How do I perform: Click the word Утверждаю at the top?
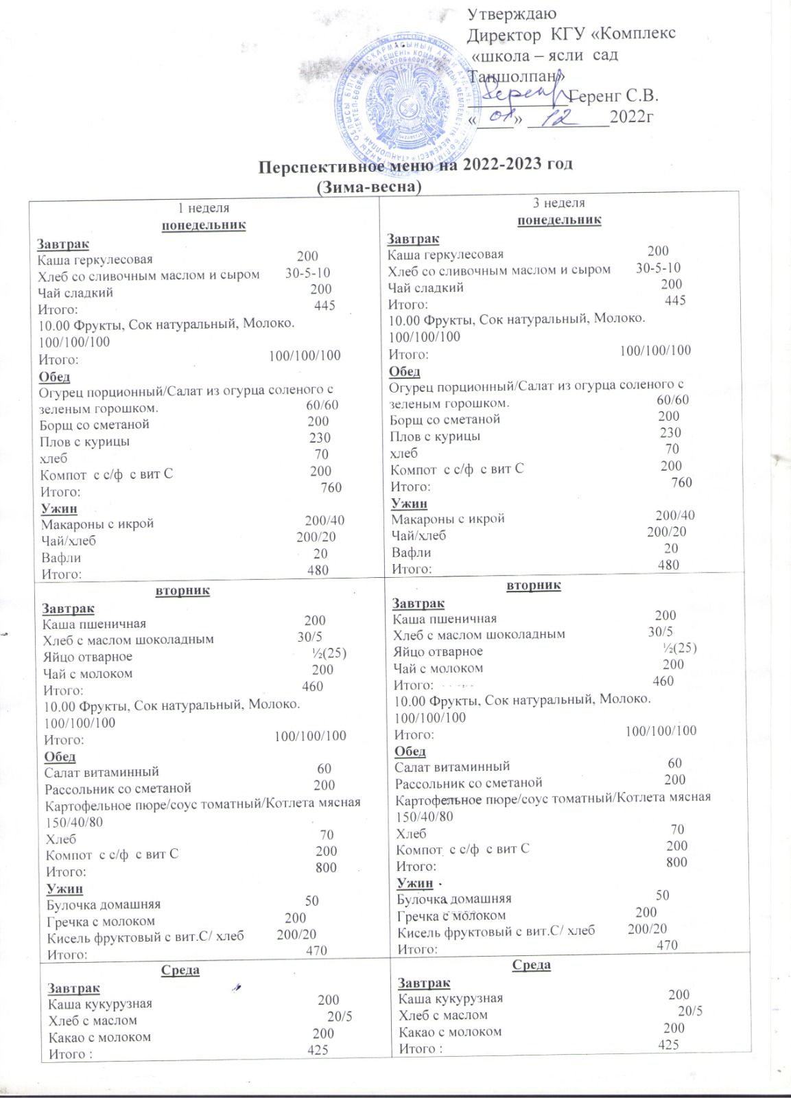512,13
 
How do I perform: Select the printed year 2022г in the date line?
630,117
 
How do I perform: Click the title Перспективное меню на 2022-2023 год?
415,165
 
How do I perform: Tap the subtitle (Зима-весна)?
368,186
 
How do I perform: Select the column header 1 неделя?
204,208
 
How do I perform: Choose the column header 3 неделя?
559,202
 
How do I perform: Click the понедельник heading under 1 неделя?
204,225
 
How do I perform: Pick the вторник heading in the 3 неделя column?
534,585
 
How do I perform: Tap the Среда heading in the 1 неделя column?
180,970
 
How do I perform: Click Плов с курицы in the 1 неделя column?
84,441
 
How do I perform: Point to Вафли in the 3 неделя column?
411,552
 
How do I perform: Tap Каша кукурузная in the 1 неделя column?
100,1003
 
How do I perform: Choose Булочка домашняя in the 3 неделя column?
454,898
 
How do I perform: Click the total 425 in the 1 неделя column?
318,1049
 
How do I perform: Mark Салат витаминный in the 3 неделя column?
452,766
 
